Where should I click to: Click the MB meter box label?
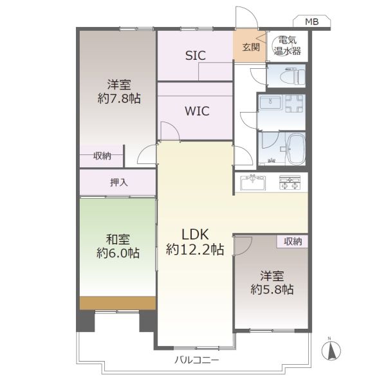(311, 22)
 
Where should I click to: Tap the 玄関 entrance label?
(251, 47)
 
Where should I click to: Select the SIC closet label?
(196, 55)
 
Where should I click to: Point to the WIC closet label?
(197, 111)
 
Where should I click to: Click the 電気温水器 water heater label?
(288, 46)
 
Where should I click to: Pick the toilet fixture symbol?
(293, 76)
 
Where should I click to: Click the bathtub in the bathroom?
(297, 149)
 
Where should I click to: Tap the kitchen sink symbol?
(253, 182)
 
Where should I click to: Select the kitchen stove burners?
(289, 183)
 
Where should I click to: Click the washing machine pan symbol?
(294, 104)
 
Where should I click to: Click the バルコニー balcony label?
(196, 361)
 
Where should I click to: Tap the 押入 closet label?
(119, 183)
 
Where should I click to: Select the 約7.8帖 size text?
(119, 98)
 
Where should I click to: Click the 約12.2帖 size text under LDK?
(195, 249)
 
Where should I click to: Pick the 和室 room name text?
(118, 239)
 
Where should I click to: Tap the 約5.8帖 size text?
(272, 289)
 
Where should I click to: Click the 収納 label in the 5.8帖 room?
(293, 241)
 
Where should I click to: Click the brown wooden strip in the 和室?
(118, 303)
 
